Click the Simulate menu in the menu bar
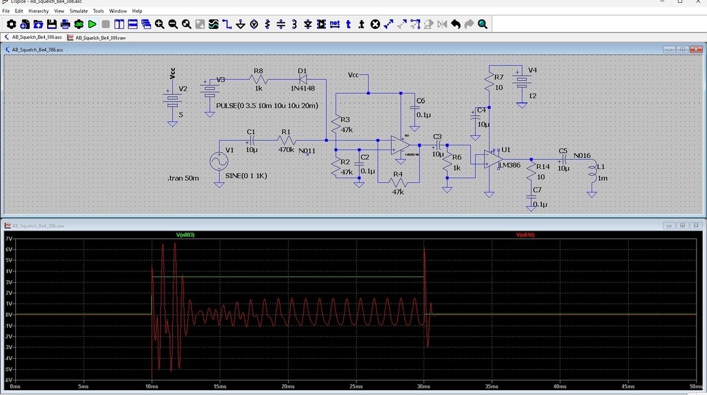78,11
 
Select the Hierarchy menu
38,11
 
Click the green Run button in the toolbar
92,24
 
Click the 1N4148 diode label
302,88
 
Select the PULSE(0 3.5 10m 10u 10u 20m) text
267,105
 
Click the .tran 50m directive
183,178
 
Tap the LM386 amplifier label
510,165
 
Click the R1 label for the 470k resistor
286,132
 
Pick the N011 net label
307,151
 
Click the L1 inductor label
601,167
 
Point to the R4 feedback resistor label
398,174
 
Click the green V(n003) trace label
185,235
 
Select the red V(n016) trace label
524,235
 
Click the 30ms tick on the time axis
424,386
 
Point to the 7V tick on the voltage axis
8,239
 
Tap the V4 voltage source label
533,70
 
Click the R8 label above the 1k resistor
258,71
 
